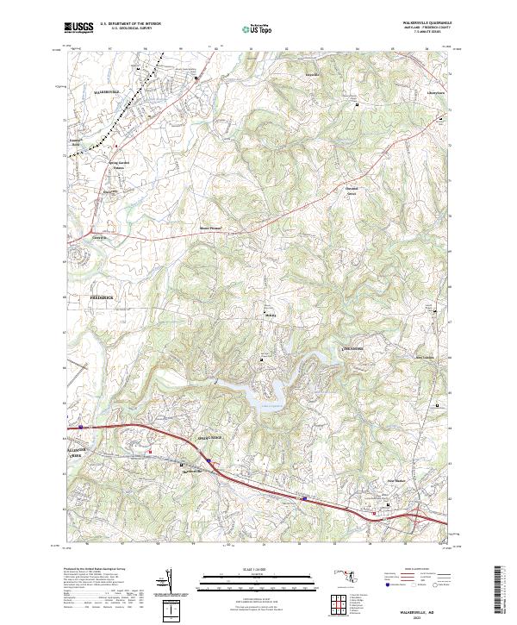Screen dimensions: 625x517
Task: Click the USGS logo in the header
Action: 80,28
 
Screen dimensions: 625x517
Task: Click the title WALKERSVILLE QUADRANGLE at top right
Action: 425,23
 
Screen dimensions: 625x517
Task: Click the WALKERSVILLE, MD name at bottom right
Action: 420,607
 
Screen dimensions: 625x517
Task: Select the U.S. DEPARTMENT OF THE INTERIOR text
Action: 130,25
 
